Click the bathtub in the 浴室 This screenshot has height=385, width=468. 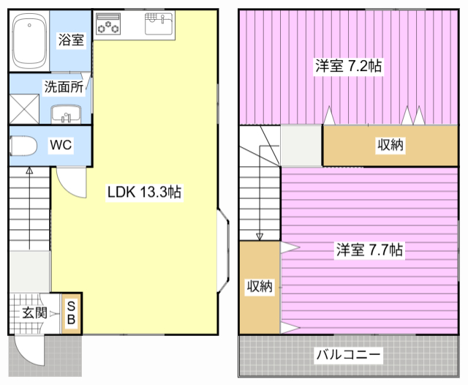(29, 40)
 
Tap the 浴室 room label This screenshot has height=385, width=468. (71, 40)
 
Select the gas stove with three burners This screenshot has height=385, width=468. (108, 24)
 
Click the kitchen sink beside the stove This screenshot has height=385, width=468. (159, 24)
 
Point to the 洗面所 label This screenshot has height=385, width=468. (64, 87)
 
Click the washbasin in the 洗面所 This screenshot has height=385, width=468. (66, 113)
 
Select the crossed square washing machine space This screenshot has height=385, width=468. (24, 109)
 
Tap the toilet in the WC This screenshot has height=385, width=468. (23, 146)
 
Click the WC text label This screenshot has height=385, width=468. (61, 145)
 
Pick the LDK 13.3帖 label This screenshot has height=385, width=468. (145, 192)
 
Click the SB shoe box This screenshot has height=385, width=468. (72, 313)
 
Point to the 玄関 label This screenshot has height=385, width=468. (34, 313)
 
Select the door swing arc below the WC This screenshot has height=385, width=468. (67, 188)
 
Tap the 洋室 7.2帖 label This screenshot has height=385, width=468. (349, 66)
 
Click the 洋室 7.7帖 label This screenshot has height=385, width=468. (369, 250)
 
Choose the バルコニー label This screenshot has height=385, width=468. (348, 354)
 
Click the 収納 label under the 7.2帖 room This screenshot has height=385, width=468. (390, 145)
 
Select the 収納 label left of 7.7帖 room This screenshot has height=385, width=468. (260, 286)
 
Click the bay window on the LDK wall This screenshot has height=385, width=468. (224, 250)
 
